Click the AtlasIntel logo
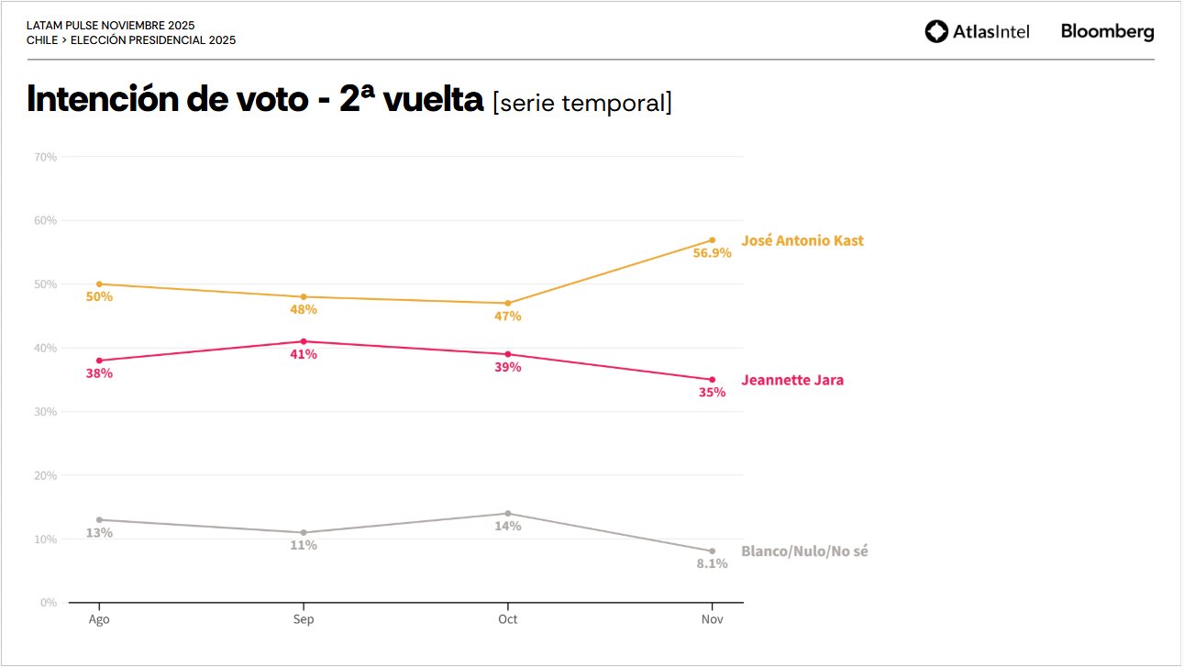click(977, 32)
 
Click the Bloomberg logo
click(1107, 32)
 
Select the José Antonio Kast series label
click(802, 241)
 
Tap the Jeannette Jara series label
click(792, 380)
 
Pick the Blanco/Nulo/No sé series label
click(804, 551)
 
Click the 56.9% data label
click(713, 253)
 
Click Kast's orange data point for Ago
click(99, 284)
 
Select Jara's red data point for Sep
click(304, 341)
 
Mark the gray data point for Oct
click(508, 514)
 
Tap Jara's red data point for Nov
click(713, 380)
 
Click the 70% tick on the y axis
click(45, 157)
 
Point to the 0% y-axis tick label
click(49, 603)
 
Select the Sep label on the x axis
click(304, 619)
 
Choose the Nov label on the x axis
click(713, 619)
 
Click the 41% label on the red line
click(304, 354)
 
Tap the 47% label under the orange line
click(508, 317)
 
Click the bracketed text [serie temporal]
click(582, 103)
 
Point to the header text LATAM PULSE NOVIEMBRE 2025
click(110, 26)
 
